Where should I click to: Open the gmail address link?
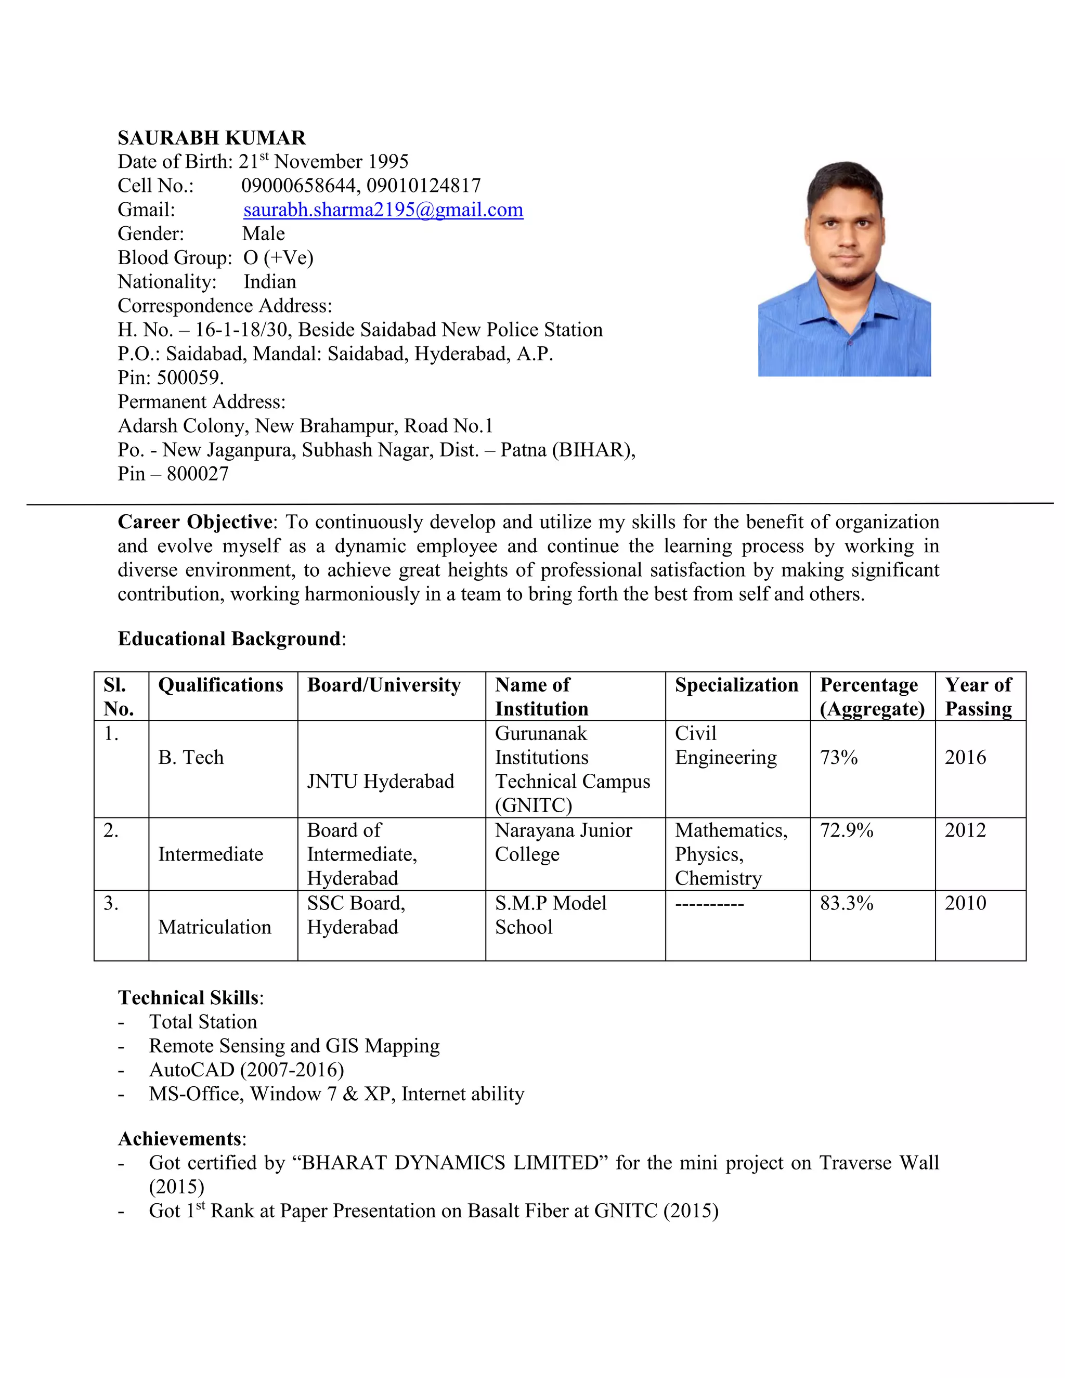click(x=383, y=210)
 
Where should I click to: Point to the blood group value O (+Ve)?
click(x=278, y=257)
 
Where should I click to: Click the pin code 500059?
click(x=189, y=378)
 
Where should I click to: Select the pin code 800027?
click(x=198, y=474)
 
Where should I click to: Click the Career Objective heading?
click(x=195, y=522)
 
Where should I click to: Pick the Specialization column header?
click(x=736, y=685)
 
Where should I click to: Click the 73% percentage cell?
click(x=838, y=757)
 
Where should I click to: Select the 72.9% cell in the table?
click(x=846, y=830)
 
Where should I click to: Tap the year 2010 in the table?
click(x=965, y=903)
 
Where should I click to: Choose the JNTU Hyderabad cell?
click(x=381, y=781)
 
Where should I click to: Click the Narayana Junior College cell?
click(x=563, y=842)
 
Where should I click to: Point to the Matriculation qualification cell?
click(x=215, y=927)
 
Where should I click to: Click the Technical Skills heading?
click(x=189, y=997)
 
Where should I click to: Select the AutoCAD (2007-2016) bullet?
click(x=246, y=1070)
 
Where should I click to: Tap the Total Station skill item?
click(x=202, y=1021)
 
